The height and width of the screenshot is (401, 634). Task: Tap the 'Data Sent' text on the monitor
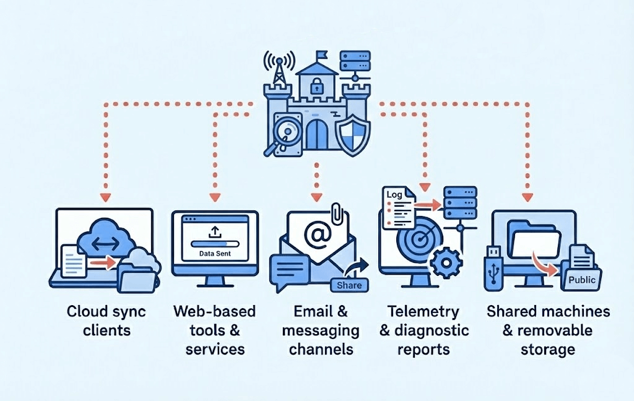tap(214, 253)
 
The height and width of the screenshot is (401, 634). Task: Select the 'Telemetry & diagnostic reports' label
tap(423, 330)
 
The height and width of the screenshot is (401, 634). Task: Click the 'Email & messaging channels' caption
tap(320, 330)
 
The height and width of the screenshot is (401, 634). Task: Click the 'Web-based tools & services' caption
tap(214, 330)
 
